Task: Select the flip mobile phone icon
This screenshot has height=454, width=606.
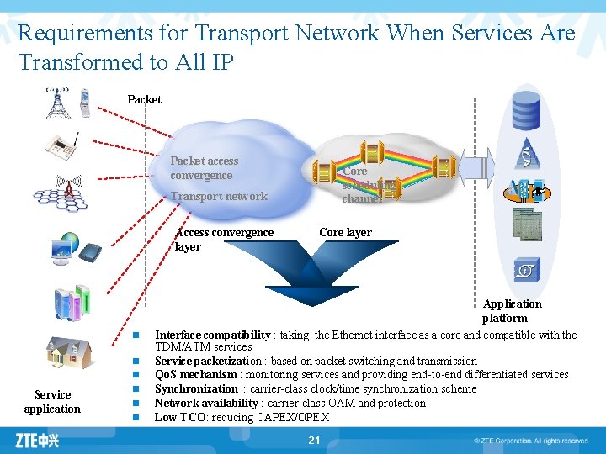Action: (x=85, y=103)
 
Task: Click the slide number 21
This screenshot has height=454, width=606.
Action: (x=314, y=440)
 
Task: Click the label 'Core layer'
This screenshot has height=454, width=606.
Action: (x=345, y=232)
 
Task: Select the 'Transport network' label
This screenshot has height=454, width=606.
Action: (x=219, y=196)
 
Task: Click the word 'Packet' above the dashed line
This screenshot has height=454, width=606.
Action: (x=144, y=99)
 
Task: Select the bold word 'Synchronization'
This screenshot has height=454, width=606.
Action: (x=196, y=388)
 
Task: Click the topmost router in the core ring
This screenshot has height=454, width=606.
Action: (x=370, y=153)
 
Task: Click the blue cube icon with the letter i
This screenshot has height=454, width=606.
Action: (x=525, y=270)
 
